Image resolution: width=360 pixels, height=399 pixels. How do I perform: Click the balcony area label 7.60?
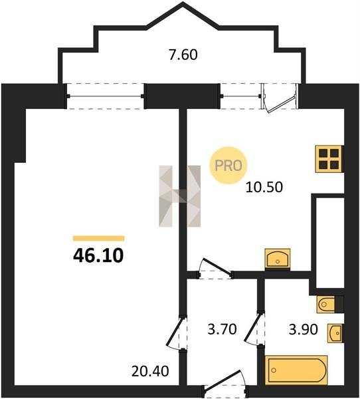pos(183,55)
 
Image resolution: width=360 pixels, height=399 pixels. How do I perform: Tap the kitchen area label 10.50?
pos(264,187)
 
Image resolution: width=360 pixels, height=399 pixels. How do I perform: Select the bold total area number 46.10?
pos(98,255)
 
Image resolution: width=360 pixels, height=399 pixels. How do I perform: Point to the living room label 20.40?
pos(150,371)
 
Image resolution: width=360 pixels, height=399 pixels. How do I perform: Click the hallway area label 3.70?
pos(222,329)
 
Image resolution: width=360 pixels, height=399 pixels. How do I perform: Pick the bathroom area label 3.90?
pos(304,330)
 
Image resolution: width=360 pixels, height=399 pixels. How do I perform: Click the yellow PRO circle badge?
pos(228,166)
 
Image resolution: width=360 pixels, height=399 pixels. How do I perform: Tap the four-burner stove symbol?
pos(329,159)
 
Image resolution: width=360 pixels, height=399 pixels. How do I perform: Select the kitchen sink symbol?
pos(278,259)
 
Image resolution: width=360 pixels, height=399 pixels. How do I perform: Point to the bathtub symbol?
pos(296,370)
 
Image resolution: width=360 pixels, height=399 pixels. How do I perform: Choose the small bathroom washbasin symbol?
pos(335,333)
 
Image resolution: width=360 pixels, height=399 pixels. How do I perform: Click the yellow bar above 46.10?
pos(99,238)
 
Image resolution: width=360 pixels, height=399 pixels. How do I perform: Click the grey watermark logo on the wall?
pos(180,196)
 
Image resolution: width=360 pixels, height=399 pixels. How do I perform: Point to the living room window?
pos(105,96)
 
